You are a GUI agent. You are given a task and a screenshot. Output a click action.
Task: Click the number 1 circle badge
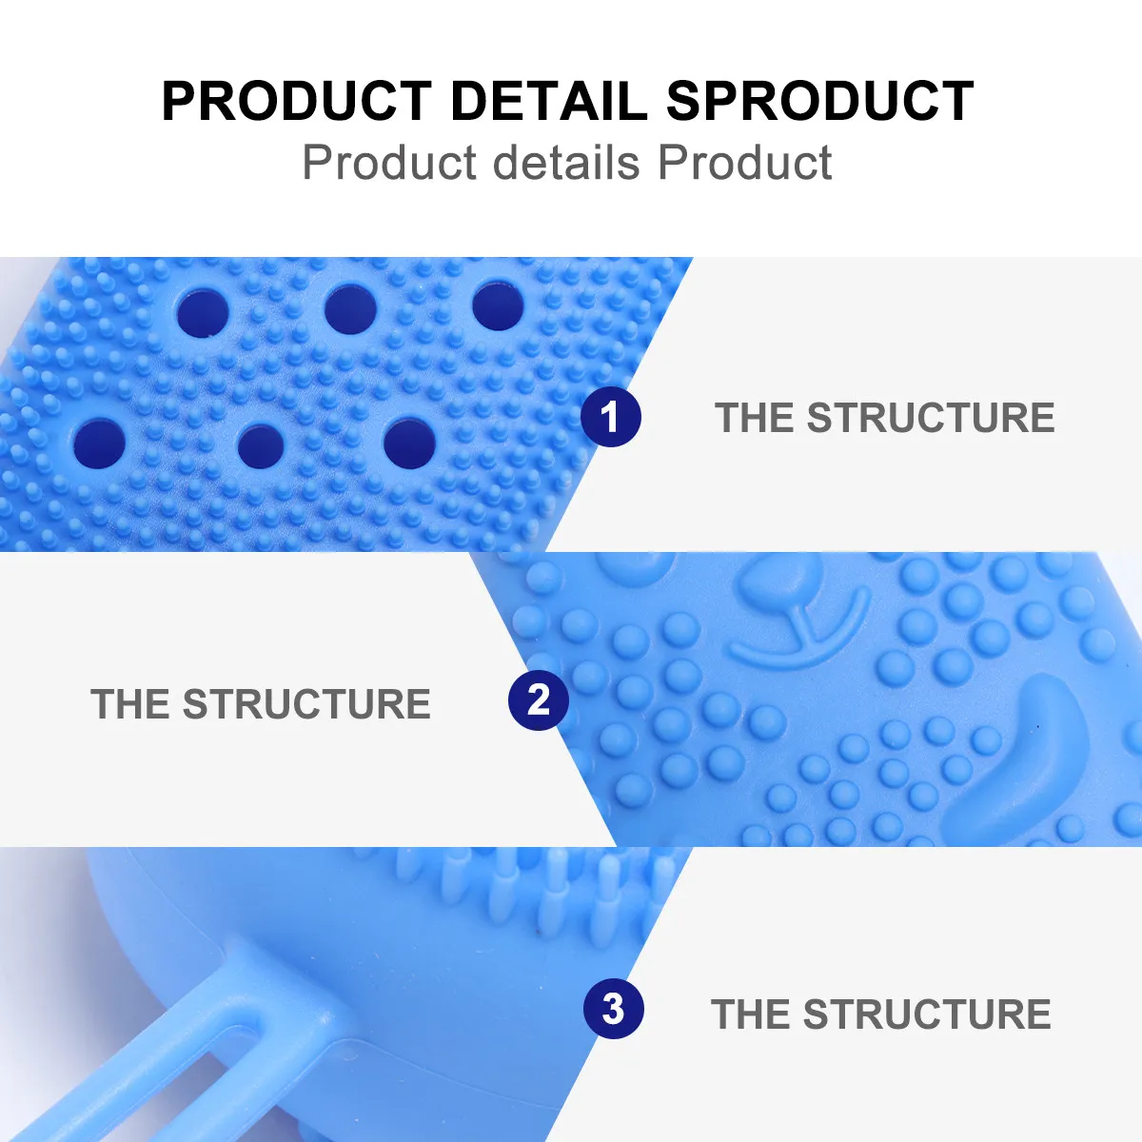(x=611, y=417)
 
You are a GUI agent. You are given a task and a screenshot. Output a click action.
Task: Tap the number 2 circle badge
(x=539, y=701)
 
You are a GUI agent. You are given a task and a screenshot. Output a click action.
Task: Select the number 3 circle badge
(x=614, y=1009)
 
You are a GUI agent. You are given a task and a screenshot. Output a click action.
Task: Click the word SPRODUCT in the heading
(x=819, y=101)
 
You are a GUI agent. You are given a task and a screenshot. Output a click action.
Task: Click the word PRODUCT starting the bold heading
(x=296, y=101)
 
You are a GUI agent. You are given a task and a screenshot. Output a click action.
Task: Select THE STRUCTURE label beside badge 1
(x=884, y=418)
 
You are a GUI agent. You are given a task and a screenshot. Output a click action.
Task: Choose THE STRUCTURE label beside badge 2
(x=261, y=704)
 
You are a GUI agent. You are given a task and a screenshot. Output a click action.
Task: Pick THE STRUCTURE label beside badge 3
(x=880, y=1014)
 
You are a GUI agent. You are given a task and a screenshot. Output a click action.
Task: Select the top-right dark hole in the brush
(x=498, y=305)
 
